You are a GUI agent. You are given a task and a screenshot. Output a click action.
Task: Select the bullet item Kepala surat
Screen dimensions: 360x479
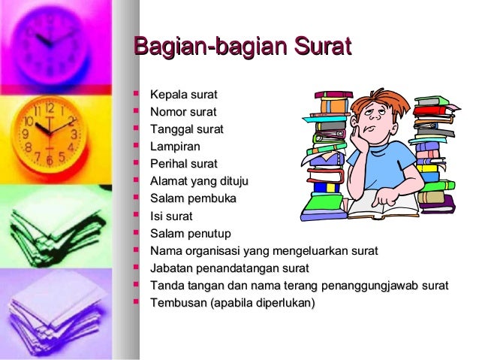tap(183, 95)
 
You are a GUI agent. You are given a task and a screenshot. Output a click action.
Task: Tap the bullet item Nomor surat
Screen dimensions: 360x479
tap(183, 112)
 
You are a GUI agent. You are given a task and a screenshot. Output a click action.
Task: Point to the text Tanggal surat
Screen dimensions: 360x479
tap(186, 129)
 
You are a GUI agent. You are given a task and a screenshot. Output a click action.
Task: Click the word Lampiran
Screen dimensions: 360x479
tap(175, 147)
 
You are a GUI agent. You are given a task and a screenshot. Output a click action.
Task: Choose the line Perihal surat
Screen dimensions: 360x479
tap(183, 164)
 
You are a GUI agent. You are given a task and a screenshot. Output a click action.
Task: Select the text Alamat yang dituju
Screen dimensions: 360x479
tap(199, 181)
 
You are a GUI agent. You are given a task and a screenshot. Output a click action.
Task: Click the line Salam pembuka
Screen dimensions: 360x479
tap(193, 198)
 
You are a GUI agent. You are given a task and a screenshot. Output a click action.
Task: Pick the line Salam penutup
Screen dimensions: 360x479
tap(191, 233)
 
